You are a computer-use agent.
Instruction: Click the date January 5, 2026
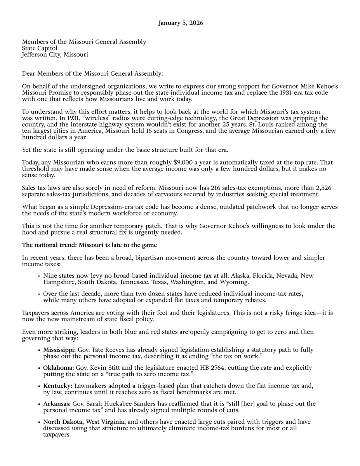(x=180, y=23)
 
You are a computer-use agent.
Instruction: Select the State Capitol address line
(x=40, y=48)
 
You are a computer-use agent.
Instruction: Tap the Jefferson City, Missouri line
(x=55, y=55)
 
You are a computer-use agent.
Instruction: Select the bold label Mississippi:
(x=59, y=350)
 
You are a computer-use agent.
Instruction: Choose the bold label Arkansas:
(x=57, y=404)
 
